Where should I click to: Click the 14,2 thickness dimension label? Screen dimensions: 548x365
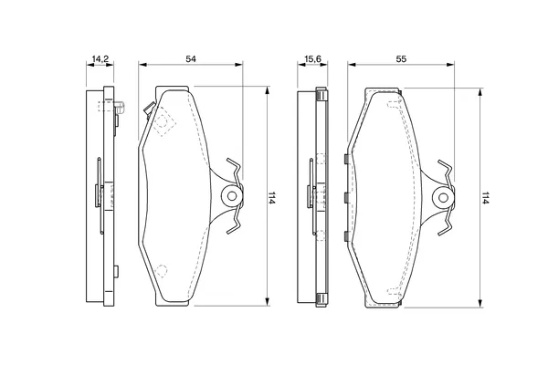coord(100,59)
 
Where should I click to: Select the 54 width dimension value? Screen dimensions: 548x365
coord(191,59)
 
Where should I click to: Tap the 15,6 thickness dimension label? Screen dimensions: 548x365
coord(312,59)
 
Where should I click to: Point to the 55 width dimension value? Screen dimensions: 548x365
coord(401,59)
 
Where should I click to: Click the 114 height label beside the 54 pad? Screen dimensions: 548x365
coord(272,198)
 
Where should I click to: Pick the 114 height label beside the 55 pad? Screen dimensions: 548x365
coord(485,198)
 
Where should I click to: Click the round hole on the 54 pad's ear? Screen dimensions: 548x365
coord(232,196)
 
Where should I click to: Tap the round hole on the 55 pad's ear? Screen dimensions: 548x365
coord(443,198)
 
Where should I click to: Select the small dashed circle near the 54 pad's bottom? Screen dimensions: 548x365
coord(161,271)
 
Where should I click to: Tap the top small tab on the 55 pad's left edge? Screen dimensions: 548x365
coord(345,159)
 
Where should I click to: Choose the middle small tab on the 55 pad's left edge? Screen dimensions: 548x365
coord(345,198)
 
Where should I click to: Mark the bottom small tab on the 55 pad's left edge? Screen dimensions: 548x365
coord(345,236)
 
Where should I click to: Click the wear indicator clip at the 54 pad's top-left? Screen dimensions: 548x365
coord(150,109)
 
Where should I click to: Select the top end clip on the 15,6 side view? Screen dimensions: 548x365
coord(321,94)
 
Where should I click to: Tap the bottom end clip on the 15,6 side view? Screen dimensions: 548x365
coord(321,300)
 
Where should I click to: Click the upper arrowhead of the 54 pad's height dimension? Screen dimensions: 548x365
coord(268,90)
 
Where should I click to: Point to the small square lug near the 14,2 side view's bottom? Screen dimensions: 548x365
coord(116,271)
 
